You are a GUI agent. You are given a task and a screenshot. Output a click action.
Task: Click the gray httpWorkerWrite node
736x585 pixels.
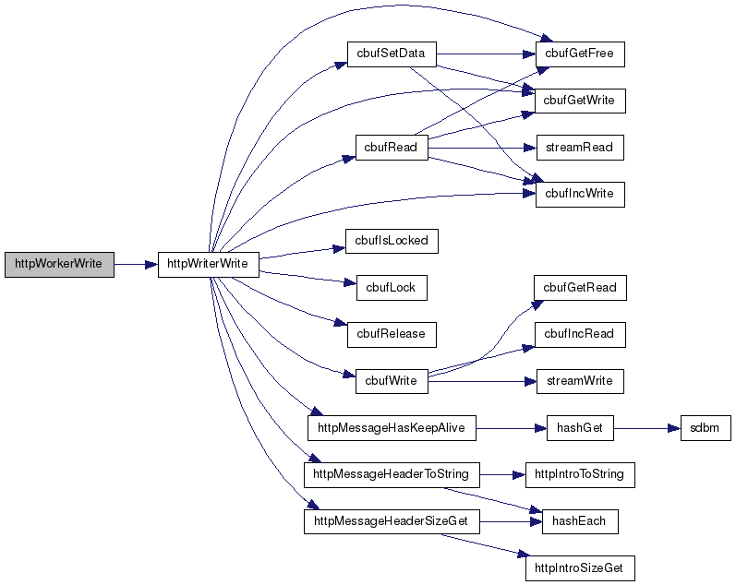(x=59, y=264)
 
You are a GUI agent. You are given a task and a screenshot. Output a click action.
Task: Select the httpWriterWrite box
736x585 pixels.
(x=209, y=264)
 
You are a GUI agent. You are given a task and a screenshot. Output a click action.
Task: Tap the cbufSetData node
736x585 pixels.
(x=391, y=54)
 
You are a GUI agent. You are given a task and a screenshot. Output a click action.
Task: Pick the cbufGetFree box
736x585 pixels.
(x=580, y=54)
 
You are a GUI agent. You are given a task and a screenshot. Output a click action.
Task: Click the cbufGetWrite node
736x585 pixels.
(x=580, y=100)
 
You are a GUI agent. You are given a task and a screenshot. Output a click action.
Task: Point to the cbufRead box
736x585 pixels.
(x=392, y=147)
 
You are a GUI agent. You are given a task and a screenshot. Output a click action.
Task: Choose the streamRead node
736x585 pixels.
(x=580, y=147)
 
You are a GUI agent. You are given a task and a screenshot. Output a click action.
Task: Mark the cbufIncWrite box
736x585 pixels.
(x=580, y=194)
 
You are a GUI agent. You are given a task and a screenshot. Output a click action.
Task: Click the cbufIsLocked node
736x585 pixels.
(x=392, y=241)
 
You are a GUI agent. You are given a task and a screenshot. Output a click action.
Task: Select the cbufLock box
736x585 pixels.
(x=392, y=287)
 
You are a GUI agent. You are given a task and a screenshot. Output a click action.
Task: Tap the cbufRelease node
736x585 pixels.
(x=392, y=334)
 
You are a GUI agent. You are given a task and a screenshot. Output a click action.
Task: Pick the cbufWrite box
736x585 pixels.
(x=392, y=380)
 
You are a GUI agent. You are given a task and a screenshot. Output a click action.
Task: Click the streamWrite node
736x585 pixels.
(x=580, y=380)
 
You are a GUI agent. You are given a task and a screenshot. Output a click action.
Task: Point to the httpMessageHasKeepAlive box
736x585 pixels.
(x=391, y=428)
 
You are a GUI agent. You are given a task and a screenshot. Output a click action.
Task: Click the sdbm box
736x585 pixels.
(x=706, y=428)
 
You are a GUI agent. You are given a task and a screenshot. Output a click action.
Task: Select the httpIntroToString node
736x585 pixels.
(x=580, y=474)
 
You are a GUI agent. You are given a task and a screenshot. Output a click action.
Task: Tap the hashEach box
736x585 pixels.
(x=580, y=521)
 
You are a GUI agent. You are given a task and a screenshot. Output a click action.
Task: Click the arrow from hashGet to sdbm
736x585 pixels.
(x=647, y=428)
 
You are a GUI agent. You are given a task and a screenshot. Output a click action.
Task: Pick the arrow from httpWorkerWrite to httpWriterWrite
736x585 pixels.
(x=136, y=264)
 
